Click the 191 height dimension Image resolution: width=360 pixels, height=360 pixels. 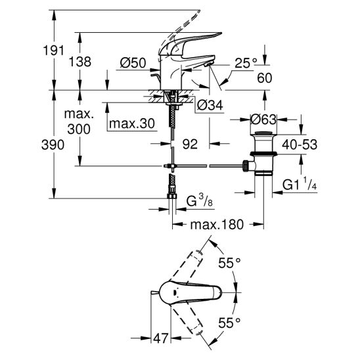pyautogui.click(x=53, y=51)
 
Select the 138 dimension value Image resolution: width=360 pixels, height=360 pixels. pyautogui.click(x=80, y=62)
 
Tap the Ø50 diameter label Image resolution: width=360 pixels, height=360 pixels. pyautogui.click(x=133, y=62)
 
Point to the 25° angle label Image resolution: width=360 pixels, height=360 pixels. pyautogui.click(x=246, y=63)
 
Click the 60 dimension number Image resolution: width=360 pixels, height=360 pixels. pyautogui.click(x=265, y=78)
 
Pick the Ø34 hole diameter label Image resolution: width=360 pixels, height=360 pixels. pyautogui.click(x=210, y=105)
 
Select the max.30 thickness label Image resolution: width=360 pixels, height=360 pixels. pyautogui.click(x=132, y=124)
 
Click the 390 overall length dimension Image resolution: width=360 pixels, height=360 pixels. pyautogui.click(x=53, y=145)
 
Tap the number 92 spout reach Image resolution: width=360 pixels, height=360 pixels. pyautogui.click(x=190, y=144)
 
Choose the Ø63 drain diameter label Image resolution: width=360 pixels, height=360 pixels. pyautogui.click(x=263, y=120)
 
